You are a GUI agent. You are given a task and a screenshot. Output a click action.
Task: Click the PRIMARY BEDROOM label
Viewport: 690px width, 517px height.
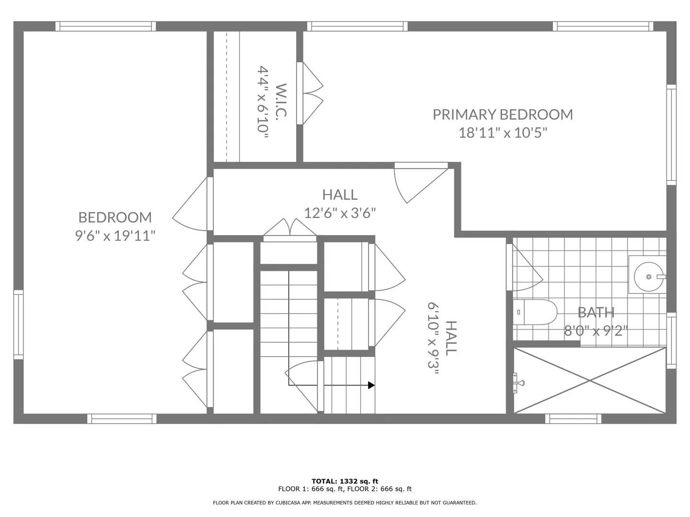point(503,114)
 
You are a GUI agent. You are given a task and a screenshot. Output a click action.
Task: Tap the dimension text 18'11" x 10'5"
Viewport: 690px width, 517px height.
point(503,133)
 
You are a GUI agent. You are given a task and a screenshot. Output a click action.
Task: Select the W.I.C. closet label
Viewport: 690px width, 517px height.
point(281,100)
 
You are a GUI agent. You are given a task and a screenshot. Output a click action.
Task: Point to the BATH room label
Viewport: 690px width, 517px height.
point(596,312)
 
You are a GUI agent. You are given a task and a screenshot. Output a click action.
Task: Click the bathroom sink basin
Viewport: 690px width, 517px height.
point(648,277)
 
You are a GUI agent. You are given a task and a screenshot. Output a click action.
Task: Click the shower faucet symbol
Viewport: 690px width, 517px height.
point(518,382)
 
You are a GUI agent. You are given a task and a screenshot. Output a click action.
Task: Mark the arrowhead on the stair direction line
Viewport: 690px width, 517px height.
point(371,385)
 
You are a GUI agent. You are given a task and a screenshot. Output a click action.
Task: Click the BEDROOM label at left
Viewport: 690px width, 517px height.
point(115,217)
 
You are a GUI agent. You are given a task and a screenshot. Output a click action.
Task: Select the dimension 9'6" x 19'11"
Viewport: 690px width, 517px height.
point(115,236)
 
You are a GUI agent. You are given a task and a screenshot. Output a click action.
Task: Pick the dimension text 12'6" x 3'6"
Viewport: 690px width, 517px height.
point(340,213)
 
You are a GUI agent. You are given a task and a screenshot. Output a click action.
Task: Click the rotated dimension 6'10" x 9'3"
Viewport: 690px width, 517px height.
point(433,339)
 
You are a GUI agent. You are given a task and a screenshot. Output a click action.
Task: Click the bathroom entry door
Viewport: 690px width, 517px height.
point(524,268)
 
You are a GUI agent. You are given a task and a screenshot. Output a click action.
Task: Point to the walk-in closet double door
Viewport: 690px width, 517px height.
point(310,93)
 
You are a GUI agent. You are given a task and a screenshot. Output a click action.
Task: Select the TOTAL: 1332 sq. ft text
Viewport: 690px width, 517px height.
point(345,481)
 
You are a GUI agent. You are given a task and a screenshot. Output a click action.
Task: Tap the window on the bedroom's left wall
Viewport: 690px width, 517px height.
point(19,325)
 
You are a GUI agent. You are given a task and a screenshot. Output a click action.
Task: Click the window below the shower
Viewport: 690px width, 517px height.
point(573,419)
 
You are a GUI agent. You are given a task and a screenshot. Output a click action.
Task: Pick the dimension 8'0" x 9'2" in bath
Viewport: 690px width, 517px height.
point(596,331)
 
